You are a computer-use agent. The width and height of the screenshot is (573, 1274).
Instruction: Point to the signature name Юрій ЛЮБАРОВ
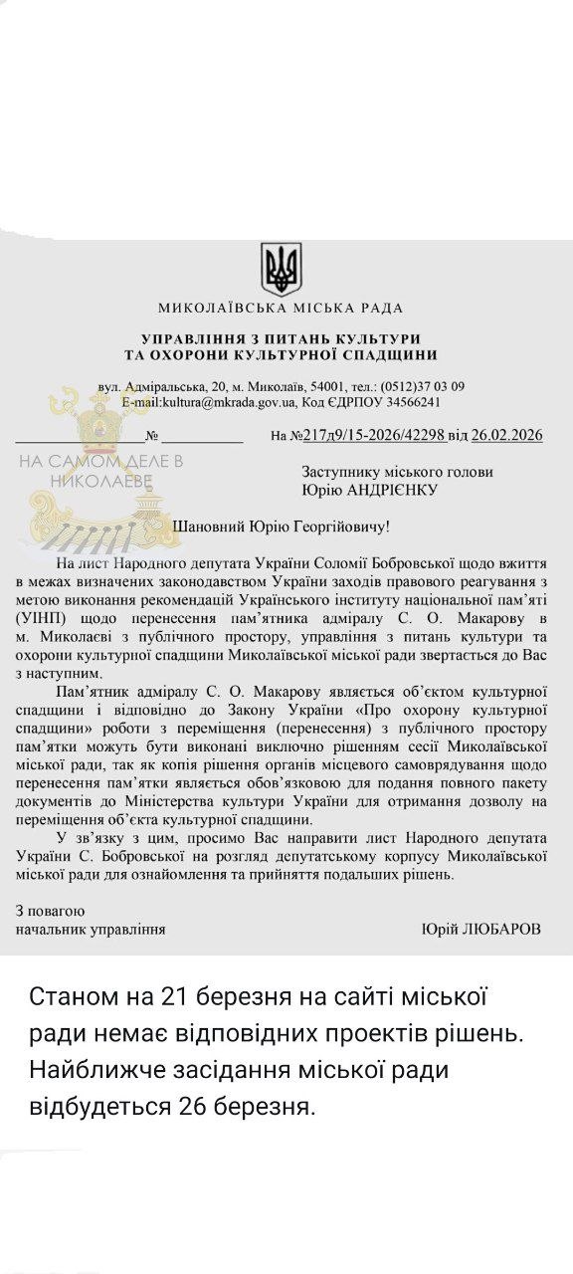click(x=482, y=929)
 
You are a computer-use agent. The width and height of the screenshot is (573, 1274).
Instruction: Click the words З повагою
click(x=50, y=911)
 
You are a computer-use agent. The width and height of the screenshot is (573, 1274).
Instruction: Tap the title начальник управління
click(x=90, y=929)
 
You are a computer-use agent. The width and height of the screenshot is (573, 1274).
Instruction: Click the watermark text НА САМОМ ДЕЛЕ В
click(x=100, y=462)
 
